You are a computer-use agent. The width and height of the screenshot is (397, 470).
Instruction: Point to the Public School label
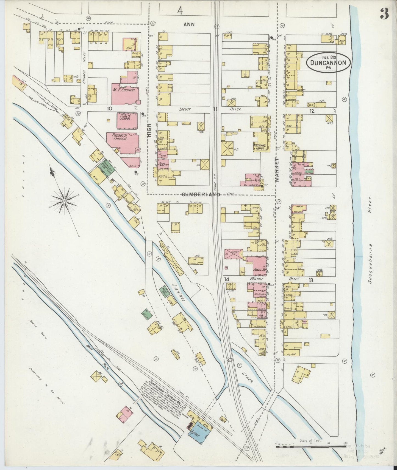(125, 118)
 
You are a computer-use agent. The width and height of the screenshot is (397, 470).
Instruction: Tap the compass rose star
(64, 201)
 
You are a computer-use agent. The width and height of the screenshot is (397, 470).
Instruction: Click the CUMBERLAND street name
(201, 194)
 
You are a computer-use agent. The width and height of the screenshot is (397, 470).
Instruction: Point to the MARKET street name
(276, 170)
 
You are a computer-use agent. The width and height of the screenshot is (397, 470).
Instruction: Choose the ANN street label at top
(189, 24)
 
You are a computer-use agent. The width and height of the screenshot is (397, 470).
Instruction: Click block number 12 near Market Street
(311, 111)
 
